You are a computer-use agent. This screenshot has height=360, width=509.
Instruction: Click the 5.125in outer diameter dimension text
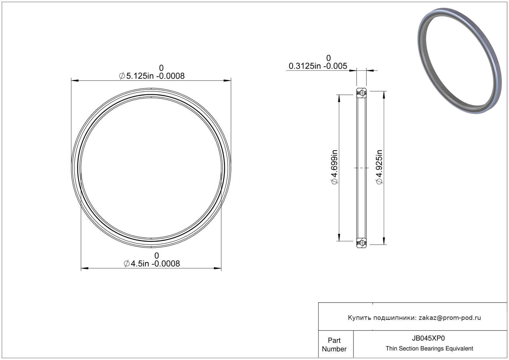(152, 76)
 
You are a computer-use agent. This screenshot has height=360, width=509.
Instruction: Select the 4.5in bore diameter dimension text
(152, 264)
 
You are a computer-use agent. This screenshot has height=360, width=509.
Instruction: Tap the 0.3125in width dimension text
(318, 66)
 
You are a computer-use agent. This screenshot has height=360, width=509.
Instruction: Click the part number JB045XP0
(428, 338)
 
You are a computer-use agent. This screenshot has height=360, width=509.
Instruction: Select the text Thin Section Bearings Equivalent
(429, 349)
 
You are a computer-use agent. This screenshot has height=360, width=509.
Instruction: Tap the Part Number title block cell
(334, 345)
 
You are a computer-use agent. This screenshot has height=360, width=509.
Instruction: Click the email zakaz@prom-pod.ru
(450, 318)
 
